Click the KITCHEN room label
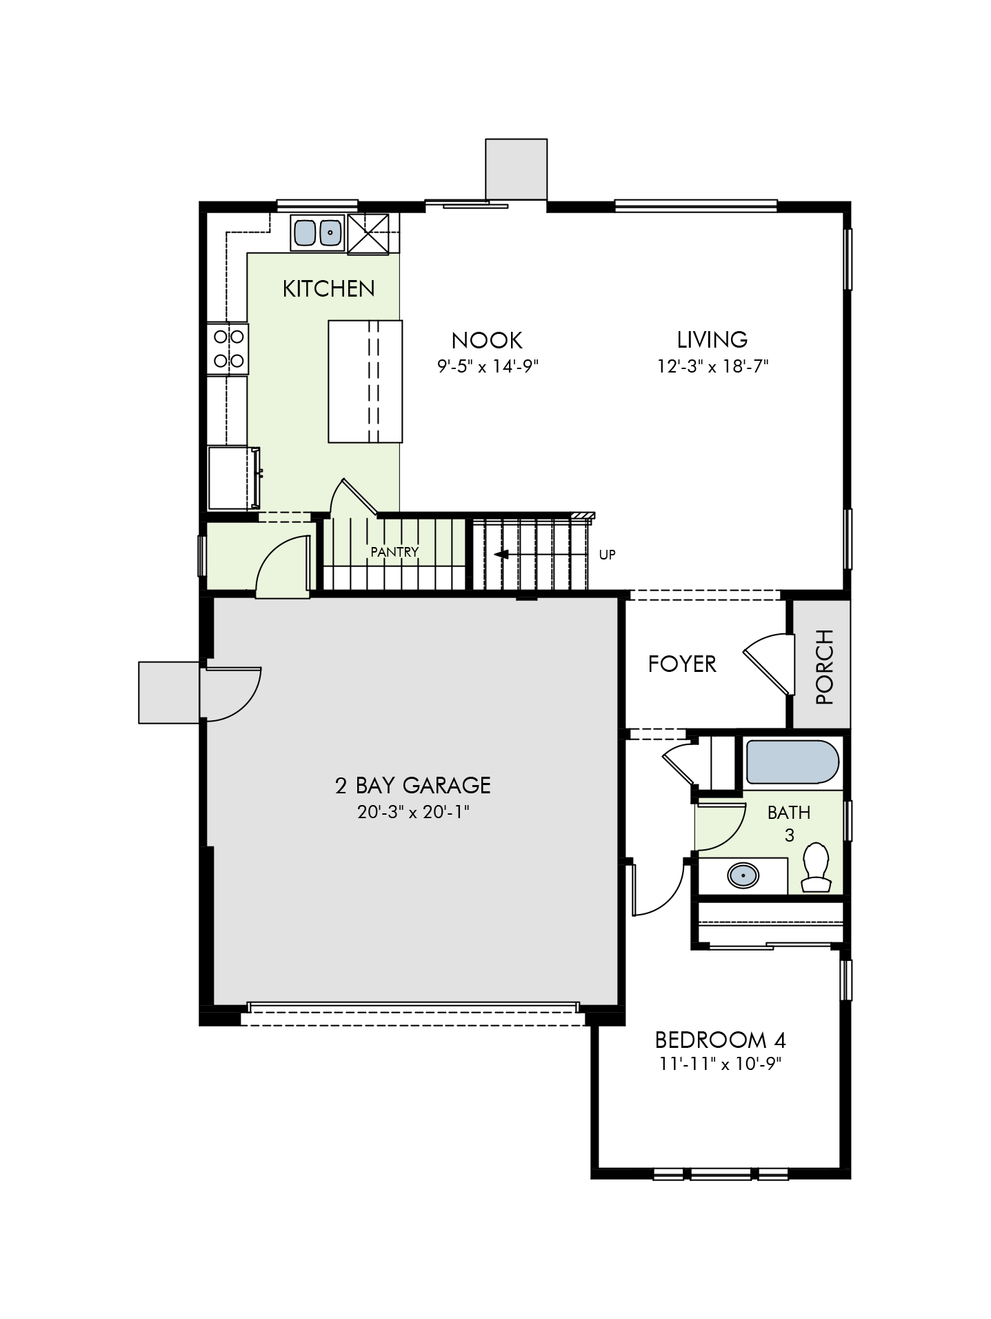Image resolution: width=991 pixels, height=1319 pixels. (329, 288)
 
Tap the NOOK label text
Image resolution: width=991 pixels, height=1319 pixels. (487, 340)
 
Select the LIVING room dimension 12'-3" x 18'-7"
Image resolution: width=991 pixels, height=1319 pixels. (712, 366)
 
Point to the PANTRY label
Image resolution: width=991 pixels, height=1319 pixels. (394, 552)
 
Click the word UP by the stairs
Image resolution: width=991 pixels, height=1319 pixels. (607, 554)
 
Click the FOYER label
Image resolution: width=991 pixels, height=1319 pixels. (682, 664)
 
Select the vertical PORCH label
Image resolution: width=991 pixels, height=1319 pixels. (824, 666)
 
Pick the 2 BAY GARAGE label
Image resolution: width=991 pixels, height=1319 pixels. (413, 785)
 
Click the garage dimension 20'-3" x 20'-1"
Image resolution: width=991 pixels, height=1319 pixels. (413, 812)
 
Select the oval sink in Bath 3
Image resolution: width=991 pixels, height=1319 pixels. (743, 876)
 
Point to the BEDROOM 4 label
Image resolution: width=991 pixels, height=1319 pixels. (721, 1040)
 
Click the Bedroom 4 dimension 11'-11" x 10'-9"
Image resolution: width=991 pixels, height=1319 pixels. (721, 1064)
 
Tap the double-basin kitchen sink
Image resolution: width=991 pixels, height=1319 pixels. (318, 232)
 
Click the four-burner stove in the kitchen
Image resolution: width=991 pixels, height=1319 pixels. (228, 348)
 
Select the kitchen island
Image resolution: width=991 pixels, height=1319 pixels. (365, 381)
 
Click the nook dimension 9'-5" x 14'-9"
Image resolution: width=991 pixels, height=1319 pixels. (488, 366)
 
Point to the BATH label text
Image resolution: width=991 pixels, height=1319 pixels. (789, 813)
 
